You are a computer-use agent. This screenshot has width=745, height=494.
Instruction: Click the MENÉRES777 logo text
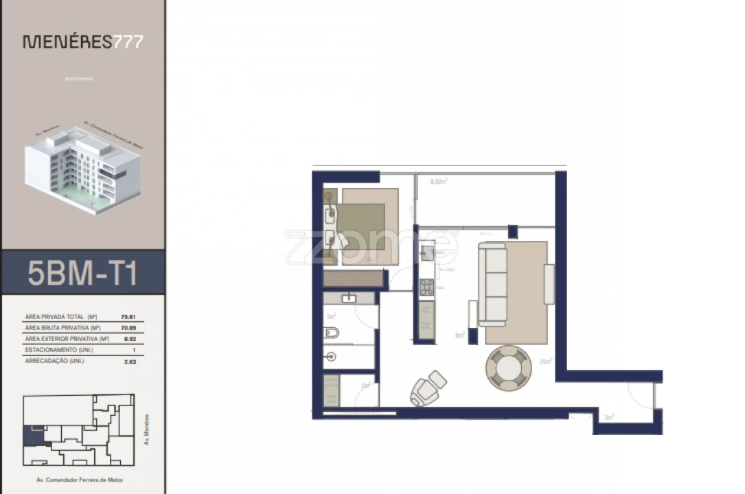(x=83, y=42)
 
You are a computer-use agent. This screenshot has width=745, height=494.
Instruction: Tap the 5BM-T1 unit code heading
(x=83, y=273)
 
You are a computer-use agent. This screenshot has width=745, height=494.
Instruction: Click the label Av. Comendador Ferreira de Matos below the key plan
(x=78, y=480)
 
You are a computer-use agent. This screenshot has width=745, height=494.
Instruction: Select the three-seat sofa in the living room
(x=492, y=284)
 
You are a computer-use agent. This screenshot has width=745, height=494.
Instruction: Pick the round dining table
(x=508, y=368)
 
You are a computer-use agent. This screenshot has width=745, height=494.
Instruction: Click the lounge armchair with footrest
(x=427, y=388)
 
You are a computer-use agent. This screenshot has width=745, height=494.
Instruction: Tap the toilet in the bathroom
(x=330, y=334)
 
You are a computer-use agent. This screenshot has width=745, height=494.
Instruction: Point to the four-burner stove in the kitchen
(x=427, y=287)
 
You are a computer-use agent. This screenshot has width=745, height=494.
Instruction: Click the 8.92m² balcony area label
(x=439, y=182)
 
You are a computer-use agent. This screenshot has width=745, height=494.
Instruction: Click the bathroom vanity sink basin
(x=349, y=298)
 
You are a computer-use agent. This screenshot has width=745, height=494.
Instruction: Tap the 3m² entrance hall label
(x=608, y=416)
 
